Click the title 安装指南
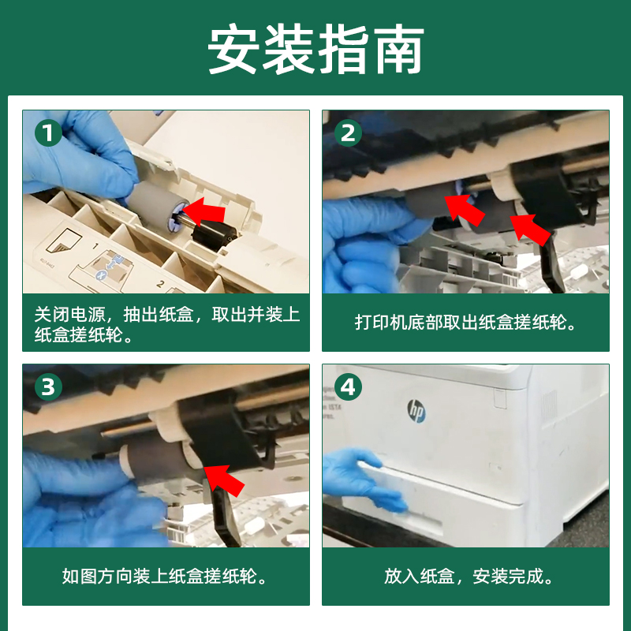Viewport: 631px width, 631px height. pyautogui.click(x=316, y=49)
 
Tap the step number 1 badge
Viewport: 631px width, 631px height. pyautogui.click(x=48, y=133)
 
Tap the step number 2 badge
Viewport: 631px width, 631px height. pyautogui.click(x=348, y=133)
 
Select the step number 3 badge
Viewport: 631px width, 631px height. pyautogui.click(x=48, y=387)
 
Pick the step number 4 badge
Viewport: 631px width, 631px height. pyautogui.click(x=348, y=387)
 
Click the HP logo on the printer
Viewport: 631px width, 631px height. pyautogui.click(x=416, y=411)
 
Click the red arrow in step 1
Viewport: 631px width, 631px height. pyautogui.click(x=204, y=212)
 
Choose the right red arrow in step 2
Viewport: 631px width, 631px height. pyautogui.click(x=530, y=230)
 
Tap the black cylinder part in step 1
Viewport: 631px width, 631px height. pyautogui.click(x=214, y=237)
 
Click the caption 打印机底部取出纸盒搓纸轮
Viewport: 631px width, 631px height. pyautogui.click(x=465, y=323)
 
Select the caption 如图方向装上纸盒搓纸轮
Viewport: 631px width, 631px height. pyautogui.click(x=165, y=577)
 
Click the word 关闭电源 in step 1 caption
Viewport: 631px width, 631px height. pyautogui.click(x=70, y=314)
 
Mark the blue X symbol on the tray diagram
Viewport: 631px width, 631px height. pyautogui.click(x=102, y=275)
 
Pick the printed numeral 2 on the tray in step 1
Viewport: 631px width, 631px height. pyautogui.click(x=160, y=284)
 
